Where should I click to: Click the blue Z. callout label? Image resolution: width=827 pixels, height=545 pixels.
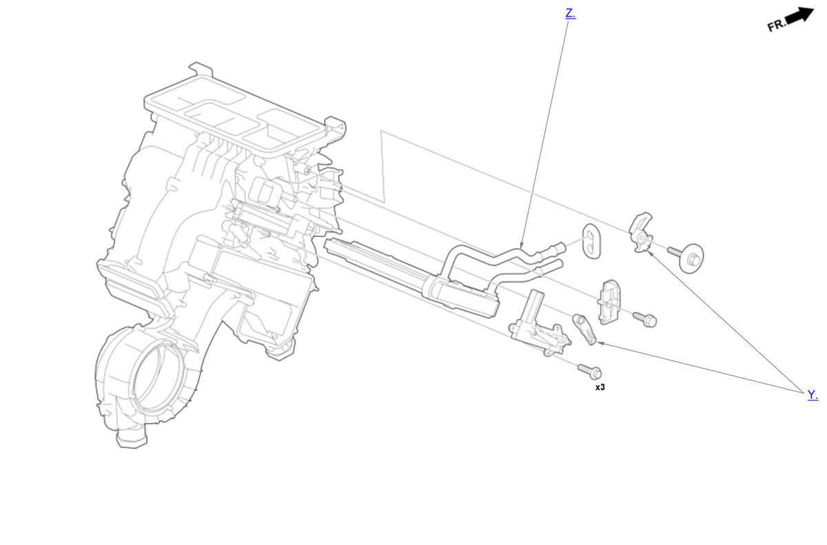pyautogui.click(x=571, y=14)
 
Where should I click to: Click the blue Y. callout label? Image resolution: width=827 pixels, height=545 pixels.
pyautogui.click(x=813, y=394)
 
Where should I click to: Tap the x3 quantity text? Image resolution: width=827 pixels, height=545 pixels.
pyautogui.click(x=600, y=387)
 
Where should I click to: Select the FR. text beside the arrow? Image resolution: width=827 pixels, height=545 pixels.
pyautogui.click(x=777, y=25)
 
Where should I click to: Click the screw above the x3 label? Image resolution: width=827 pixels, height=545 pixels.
pyautogui.click(x=590, y=371)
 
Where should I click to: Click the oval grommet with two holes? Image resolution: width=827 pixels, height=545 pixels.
pyautogui.click(x=591, y=241)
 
